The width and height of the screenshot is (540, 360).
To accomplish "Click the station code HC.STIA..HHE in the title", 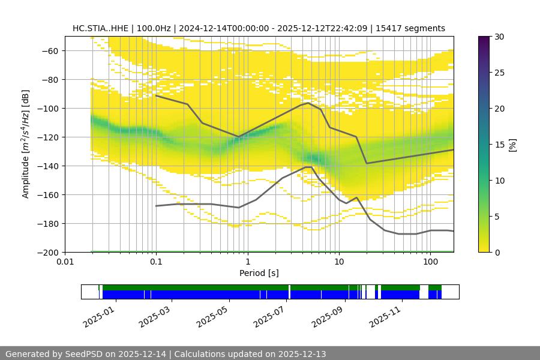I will click(100, 28).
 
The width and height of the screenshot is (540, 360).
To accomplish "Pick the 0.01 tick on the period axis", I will click(65, 262).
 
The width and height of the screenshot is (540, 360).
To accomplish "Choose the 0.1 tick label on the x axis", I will click(156, 262).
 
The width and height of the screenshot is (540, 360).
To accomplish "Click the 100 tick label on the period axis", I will click(430, 262).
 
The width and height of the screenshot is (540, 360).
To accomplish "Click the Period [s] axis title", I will click(259, 273).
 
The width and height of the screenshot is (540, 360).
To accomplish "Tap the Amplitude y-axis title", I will click(26, 144).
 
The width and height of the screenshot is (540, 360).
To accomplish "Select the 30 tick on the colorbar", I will click(499, 37).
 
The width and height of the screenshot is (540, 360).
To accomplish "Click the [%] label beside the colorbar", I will click(512, 145).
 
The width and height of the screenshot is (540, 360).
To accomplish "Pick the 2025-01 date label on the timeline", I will click(99, 316).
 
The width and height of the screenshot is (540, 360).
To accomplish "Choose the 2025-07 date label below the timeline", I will click(270, 316).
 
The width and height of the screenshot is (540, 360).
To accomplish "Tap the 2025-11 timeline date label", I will click(385, 316).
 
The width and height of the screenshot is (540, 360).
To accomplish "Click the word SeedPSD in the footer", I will click(82, 354).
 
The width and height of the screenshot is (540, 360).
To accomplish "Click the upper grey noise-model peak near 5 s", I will click(308, 103).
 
